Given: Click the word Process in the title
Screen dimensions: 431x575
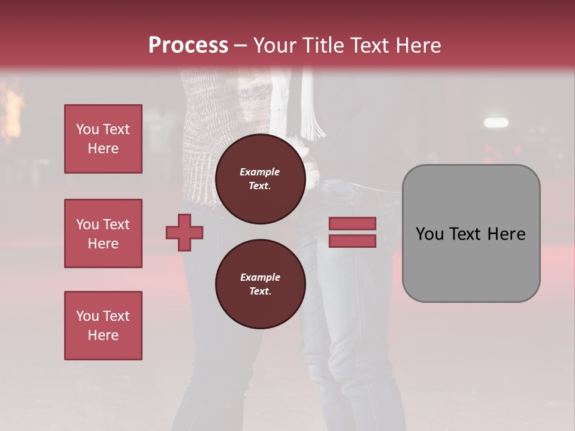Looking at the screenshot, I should click(188, 45).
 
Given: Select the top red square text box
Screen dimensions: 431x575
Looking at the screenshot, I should click(103, 139).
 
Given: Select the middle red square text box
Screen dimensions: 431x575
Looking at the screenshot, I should click(103, 233).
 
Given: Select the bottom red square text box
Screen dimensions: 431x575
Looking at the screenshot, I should click(103, 326).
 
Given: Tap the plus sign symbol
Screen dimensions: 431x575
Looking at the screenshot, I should click(184, 232).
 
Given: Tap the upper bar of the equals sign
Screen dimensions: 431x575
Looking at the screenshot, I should click(353, 224).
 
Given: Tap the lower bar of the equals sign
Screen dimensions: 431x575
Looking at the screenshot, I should click(353, 241).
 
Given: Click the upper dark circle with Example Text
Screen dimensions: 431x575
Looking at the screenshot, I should click(260, 179).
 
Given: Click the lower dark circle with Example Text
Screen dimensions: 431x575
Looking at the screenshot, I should click(260, 284).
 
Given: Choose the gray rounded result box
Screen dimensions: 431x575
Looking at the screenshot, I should click(471, 233).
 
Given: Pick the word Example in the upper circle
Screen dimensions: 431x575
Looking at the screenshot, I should click(260, 172).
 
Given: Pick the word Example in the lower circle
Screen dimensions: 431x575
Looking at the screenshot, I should click(260, 277).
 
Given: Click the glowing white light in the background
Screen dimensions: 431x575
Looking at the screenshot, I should click(495, 123).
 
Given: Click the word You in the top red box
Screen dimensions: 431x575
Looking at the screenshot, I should click(87, 129).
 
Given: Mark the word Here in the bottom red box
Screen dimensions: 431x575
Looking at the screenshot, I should click(103, 335).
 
